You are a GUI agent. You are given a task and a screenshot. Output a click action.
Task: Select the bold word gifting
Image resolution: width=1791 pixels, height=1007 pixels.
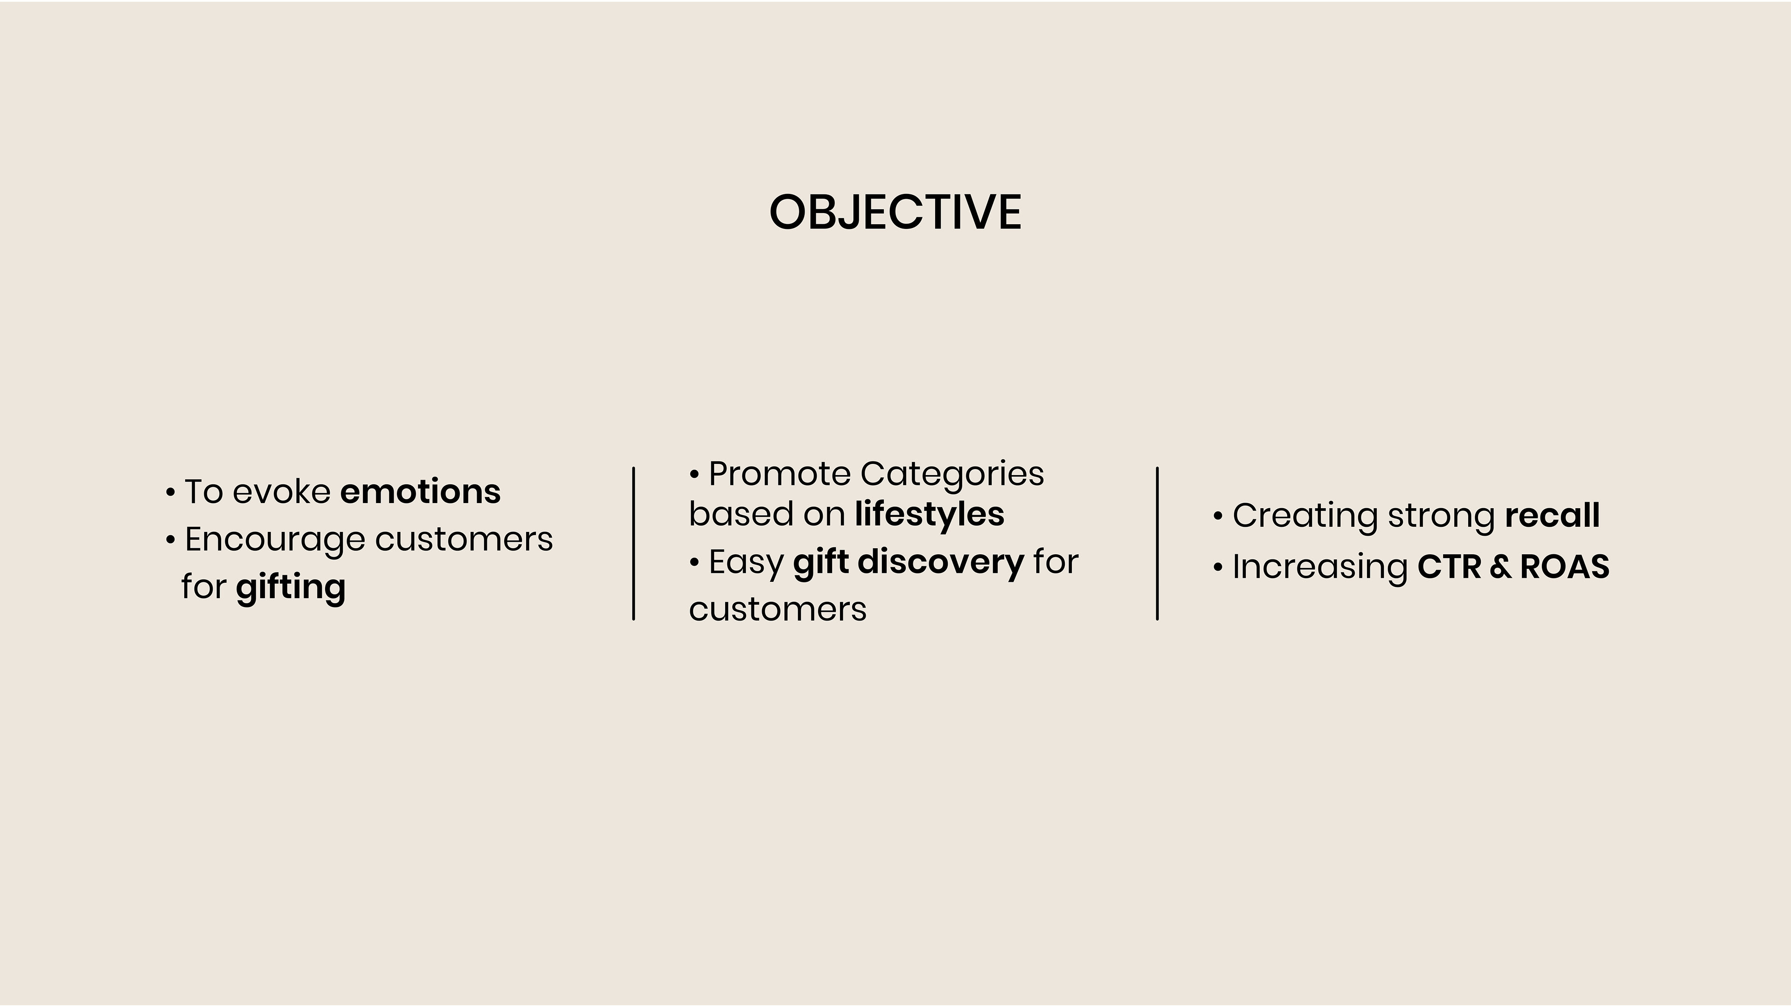pos(291,588)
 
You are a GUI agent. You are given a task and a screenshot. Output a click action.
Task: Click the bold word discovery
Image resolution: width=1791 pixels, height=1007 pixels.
pos(941,562)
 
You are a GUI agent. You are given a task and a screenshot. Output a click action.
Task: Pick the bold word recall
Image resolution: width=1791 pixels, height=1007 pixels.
pos(1552,515)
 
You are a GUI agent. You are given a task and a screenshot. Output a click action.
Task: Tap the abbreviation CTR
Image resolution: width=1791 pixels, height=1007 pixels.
pos(1449,566)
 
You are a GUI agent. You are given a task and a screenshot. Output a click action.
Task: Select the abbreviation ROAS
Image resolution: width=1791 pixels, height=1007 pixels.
pos(1564,566)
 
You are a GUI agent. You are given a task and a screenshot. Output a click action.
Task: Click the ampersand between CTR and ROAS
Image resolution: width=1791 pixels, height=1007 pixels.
pos(1500,566)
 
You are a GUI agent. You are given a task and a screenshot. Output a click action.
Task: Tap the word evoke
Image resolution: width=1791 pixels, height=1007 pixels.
pos(282,491)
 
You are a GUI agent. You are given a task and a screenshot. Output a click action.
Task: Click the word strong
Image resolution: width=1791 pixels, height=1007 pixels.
pos(1441,517)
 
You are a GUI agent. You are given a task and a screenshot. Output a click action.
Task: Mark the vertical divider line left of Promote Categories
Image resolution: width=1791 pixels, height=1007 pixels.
pos(633,544)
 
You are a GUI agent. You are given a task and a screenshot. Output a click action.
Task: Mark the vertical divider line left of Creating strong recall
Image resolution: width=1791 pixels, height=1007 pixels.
pos(1157,544)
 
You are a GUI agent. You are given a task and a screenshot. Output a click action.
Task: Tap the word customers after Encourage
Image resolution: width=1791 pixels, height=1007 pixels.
pos(464,539)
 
